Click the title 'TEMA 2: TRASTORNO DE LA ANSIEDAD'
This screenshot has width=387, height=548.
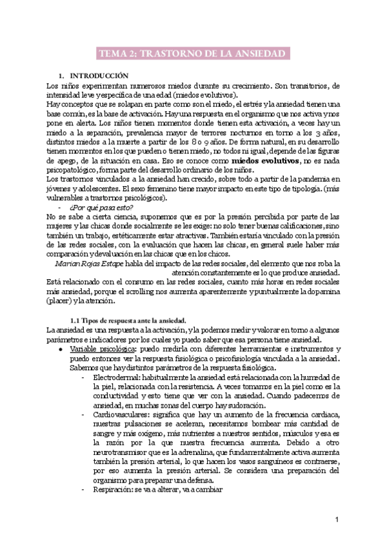coord(192,53)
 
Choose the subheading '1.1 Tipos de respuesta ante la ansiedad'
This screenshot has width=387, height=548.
coord(128,320)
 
